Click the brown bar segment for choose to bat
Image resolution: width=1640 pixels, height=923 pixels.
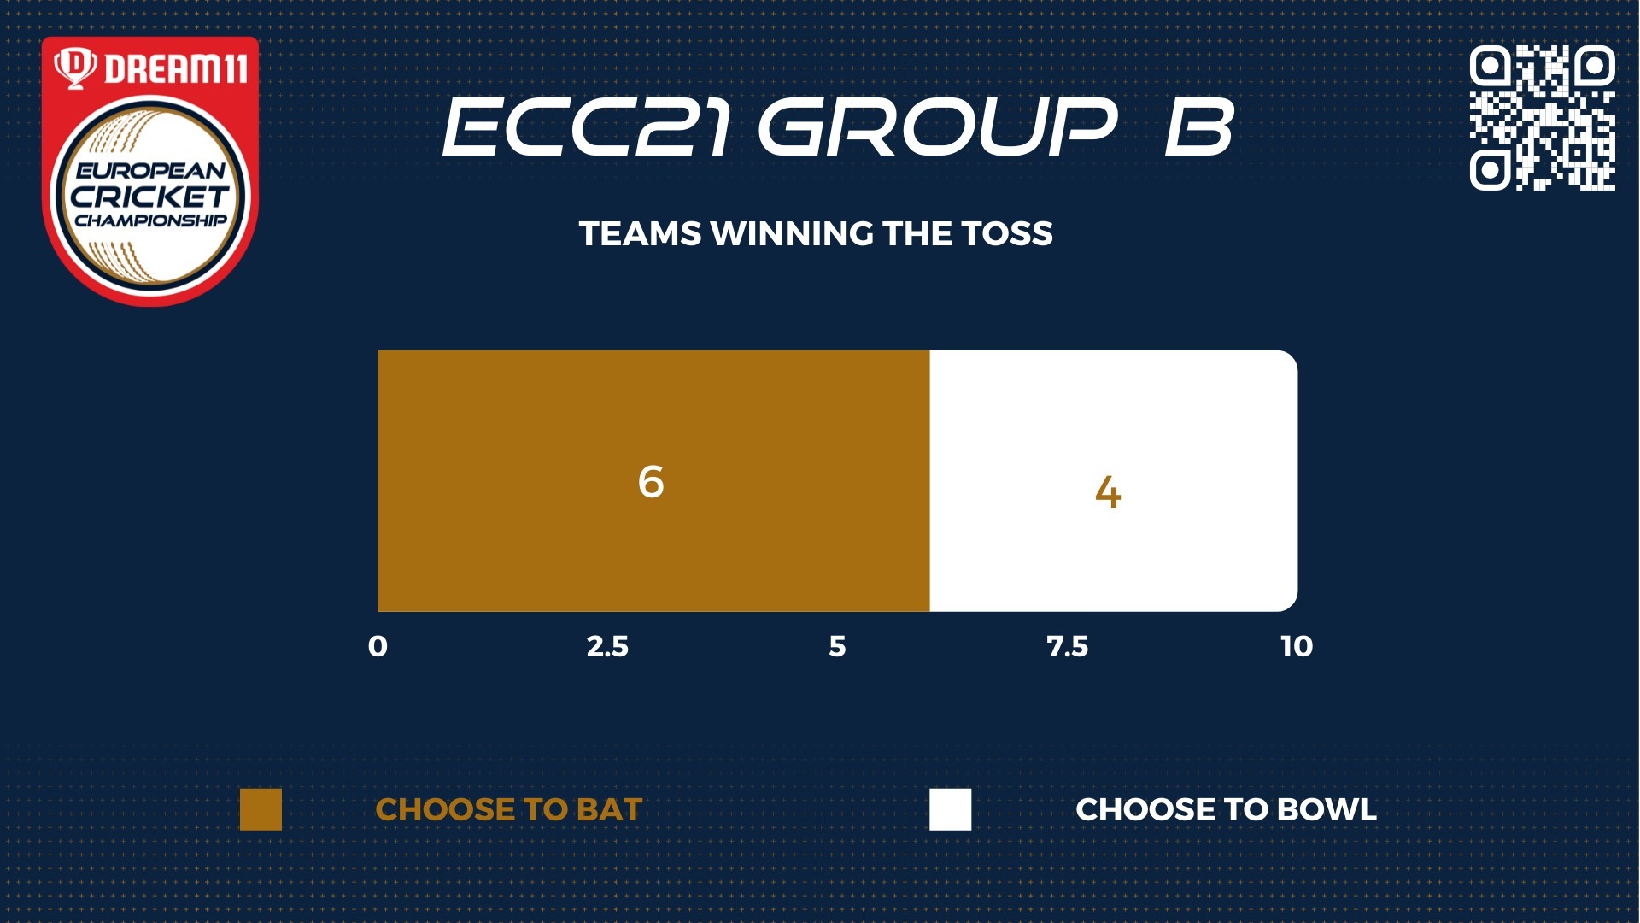[653, 480]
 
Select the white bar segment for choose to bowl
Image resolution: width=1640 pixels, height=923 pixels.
[1114, 480]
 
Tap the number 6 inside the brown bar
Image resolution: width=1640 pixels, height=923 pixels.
[651, 481]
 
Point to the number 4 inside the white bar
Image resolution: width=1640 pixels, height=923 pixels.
[1108, 492]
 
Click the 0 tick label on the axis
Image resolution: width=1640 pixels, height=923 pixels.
[378, 646]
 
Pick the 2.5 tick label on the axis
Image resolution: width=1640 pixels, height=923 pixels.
[607, 646]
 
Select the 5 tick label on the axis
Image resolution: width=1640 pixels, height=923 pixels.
[837, 646]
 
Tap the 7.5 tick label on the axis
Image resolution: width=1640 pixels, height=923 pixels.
[1068, 646]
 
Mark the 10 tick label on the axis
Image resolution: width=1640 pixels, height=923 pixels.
[1297, 646]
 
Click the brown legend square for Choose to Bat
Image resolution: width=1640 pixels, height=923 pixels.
[261, 809]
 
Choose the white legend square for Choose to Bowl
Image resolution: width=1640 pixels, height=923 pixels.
[951, 809]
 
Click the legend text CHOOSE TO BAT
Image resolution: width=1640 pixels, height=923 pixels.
[509, 809]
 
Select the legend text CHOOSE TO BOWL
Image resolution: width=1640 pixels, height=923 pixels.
[1226, 809]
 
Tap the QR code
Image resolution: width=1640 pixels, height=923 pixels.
[1543, 118]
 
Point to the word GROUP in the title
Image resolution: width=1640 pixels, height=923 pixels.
[938, 126]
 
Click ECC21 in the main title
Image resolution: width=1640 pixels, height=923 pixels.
[587, 126]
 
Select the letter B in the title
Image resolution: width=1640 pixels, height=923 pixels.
[1200, 126]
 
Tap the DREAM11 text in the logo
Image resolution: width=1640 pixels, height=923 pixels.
[176, 68]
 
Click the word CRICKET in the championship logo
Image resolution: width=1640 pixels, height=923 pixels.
[150, 197]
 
